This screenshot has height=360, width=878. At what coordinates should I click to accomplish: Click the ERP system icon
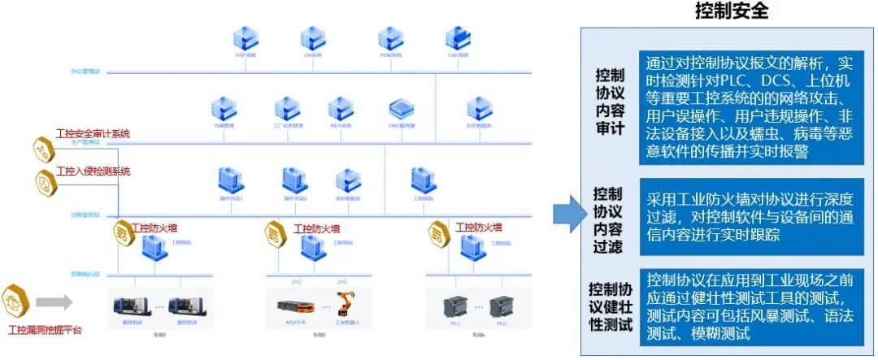pyautogui.click(x=244, y=37)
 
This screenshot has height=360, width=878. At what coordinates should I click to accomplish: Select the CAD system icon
pyautogui.click(x=458, y=37)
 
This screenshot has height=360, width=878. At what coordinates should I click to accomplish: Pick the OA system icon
pyautogui.click(x=313, y=37)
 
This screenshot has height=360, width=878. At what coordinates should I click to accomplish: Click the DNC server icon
pyautogui.click(x=401, y=109)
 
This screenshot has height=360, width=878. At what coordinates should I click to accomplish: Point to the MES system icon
pyautogui.click(x=340, y=109)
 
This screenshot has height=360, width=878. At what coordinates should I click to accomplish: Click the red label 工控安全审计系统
pyautogui.click(x=93, y=133)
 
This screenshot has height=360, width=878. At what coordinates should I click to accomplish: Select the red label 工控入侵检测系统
pyautogui.click(x=93, y=171)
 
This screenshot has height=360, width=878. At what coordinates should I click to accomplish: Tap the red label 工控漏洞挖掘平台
pyautogui.click(x=45, y=331)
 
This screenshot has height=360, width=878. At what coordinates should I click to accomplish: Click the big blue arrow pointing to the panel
pyautogui.click(x=568, y=214)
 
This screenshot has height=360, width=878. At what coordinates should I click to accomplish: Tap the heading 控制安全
pyautogui.click(x=731, y=11)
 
